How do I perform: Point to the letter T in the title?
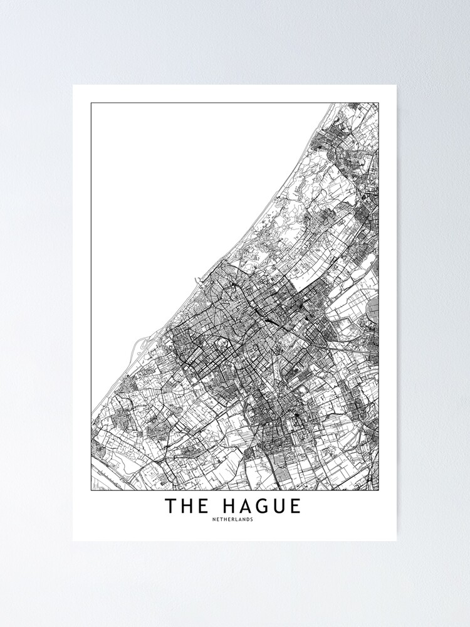pos(170,506)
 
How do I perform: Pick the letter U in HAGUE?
pos(278,506)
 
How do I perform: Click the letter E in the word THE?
pos(204,506)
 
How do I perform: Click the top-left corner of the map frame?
pos(91,103)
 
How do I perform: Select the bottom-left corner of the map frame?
pos(91,490)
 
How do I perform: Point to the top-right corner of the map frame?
pos(379,103)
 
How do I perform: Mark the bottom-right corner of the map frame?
pos(379,490)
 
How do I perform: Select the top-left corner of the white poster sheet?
pos(73,85)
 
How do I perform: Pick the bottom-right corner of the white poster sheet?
pos(397,540)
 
